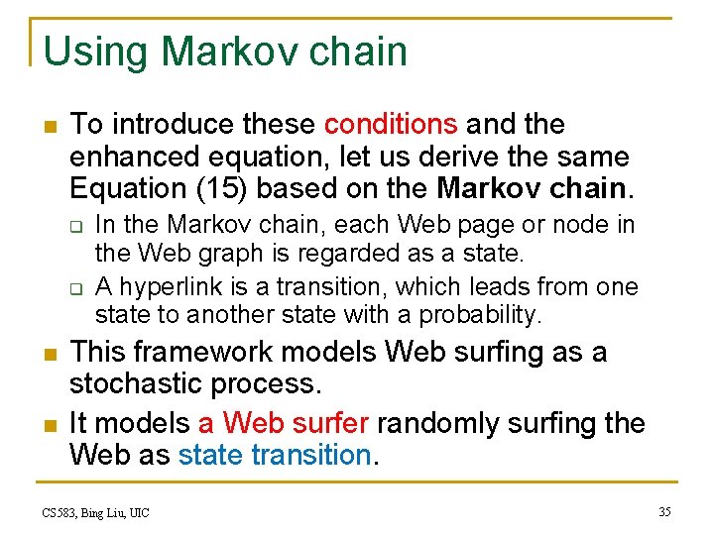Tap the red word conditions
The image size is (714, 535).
[391, 125]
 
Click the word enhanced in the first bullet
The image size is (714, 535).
[138, 157]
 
